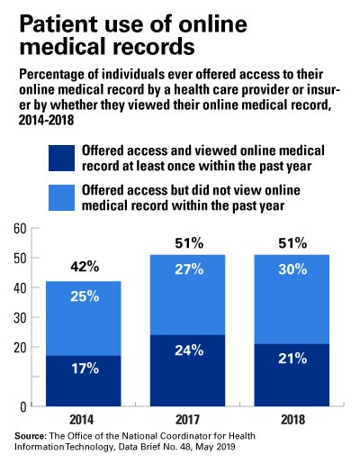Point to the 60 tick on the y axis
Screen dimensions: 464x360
[20, 229]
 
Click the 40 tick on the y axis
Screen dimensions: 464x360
[20, 288]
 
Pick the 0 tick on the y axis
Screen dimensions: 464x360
[23, 407]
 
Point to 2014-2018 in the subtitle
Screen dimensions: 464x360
[45, 119]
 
